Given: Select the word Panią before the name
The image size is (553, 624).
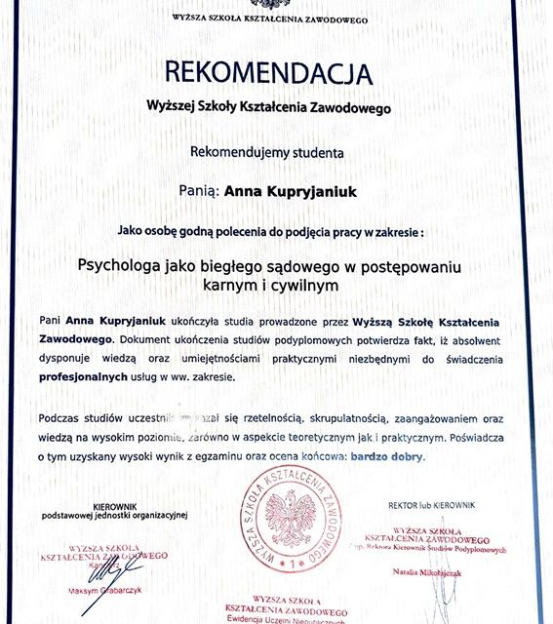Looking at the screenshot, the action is tap(199, 192).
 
